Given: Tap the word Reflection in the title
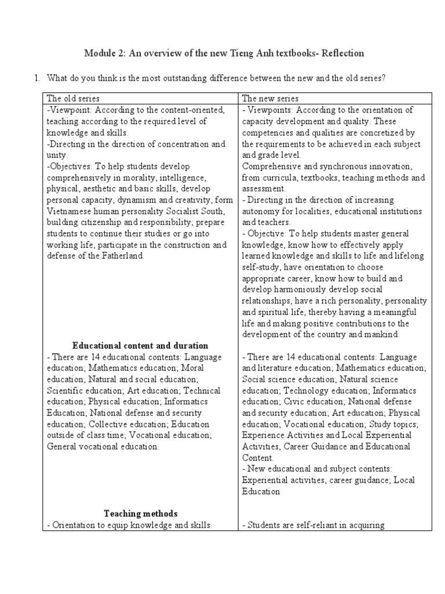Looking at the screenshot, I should (x=341, y=53).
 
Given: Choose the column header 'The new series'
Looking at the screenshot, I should (x=270, y=99).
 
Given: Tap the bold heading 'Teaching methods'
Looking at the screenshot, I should (x=140, y=513).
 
